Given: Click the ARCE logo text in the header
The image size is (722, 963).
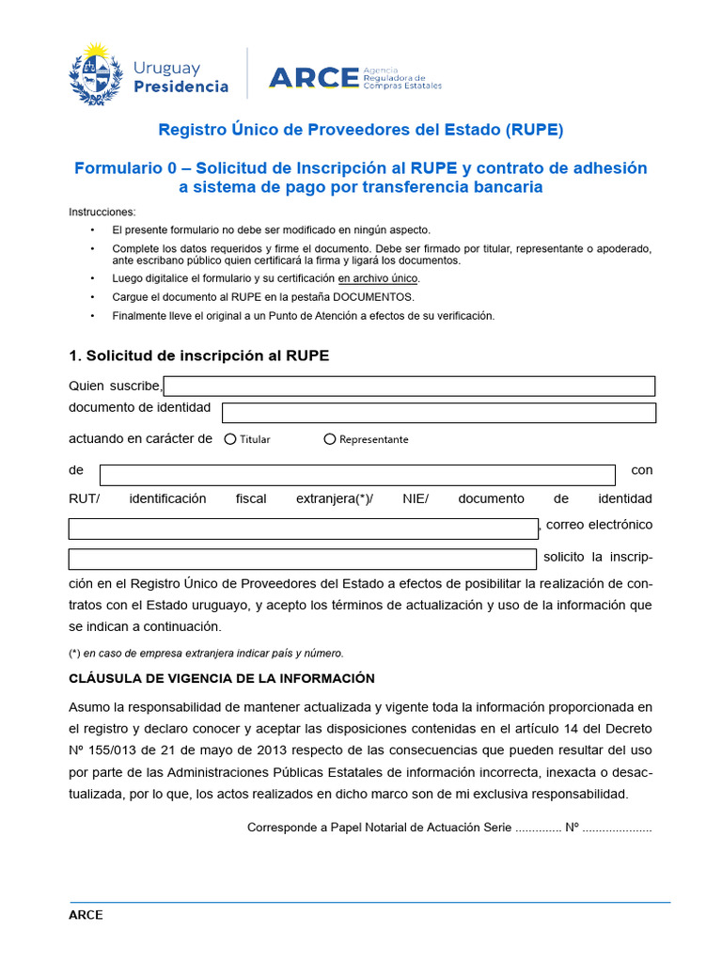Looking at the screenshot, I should pos(314,77).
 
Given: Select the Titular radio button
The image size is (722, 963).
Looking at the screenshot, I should pos(230,439).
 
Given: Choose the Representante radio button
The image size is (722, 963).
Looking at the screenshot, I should pos(330,439).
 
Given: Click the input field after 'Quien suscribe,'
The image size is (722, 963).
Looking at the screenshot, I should pos(409,387).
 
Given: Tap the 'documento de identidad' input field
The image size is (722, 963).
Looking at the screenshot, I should pos(438,413).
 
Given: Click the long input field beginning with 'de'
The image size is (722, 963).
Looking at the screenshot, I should pos(357,474).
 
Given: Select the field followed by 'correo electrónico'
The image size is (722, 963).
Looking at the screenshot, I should pos(302,529).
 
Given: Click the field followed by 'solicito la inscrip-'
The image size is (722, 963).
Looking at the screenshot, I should pos(302,560).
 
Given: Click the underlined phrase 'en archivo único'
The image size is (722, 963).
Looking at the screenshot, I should pos(378,278).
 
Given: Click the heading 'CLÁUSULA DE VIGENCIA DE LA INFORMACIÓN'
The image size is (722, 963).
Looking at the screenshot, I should pos(222,678).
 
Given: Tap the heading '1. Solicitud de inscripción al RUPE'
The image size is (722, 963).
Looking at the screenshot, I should pos(199,355).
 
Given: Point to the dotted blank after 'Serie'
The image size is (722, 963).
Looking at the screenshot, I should pos(538,829).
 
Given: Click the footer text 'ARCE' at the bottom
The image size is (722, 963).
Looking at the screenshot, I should pos(86,915).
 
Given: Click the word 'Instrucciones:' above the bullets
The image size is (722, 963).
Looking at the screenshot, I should pos(102,212).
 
